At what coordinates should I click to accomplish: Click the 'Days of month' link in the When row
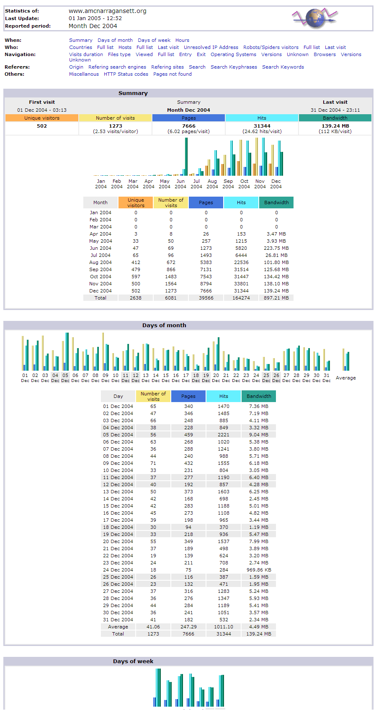point(115,40)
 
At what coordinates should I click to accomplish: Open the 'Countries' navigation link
point(80,47)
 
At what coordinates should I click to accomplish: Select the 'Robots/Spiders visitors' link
point(270,47)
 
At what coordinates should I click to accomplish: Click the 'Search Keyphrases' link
point(234,67)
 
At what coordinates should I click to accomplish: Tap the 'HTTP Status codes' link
point(126,74)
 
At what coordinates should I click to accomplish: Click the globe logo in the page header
point(315,18)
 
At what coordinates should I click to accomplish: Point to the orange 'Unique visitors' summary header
point(42,118)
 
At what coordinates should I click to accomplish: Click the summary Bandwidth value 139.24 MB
point(335,126)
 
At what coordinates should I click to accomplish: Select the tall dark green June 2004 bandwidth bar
point(186,156)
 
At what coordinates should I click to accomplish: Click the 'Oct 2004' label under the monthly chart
point(244,184)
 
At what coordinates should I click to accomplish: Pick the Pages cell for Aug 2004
point(206,262)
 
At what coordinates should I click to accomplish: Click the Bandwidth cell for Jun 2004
point(276,248)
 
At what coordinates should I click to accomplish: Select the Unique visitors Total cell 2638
point(136,298)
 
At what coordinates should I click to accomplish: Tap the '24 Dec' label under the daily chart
point(256,378)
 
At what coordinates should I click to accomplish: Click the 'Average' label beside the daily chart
point(346,378)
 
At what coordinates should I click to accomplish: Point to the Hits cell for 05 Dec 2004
point(224,435)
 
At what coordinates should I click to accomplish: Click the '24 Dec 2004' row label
point(118,570)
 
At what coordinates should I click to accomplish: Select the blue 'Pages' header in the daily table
point(188,396)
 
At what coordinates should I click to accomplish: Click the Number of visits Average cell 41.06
point(153,627)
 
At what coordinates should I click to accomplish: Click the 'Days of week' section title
point(133,661)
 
